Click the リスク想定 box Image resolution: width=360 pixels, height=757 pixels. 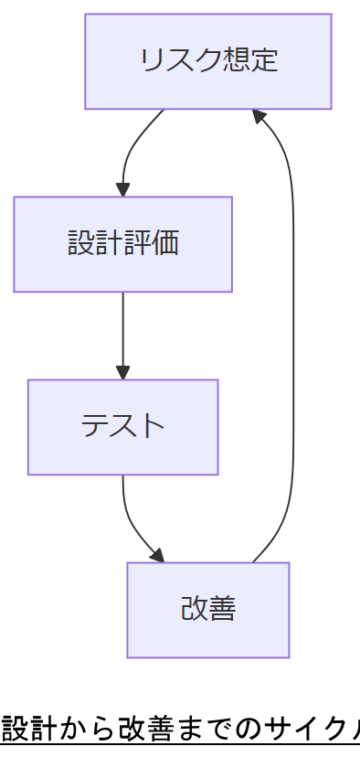coord(208,61)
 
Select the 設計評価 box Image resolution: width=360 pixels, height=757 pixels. coord(122,244)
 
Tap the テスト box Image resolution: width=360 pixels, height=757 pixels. coord(122,427)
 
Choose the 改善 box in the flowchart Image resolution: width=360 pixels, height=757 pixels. coord(208,610)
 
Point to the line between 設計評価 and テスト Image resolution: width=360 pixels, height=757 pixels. coord(122,329)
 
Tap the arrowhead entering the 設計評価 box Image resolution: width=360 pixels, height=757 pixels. coord(122,190)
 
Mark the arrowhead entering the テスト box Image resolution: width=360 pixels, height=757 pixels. coord(122,373)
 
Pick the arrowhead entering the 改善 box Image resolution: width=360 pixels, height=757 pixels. coord(157,556)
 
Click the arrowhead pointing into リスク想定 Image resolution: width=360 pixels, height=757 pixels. coord(259,116)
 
